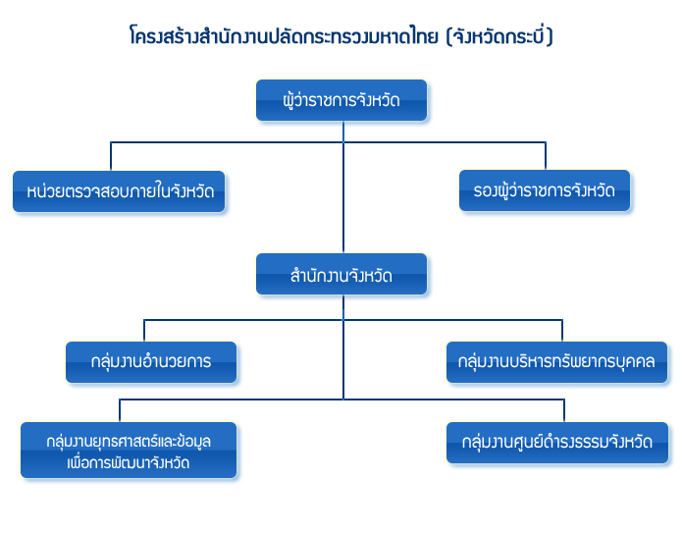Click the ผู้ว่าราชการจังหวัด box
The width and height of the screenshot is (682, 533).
(341, 101)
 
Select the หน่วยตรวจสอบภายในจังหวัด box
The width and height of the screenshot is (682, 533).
(121, 191)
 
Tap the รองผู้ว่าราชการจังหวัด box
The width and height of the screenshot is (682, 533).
(546, 191)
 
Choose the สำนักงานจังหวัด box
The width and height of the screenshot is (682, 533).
(341, 276)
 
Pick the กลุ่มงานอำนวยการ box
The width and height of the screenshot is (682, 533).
(151, 361)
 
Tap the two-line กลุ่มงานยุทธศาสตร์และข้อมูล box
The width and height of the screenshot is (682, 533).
(130, 451)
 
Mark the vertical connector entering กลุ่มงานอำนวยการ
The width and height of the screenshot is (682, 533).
(144, 330)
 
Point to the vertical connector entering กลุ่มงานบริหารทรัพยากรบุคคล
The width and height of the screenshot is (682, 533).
(562, 330)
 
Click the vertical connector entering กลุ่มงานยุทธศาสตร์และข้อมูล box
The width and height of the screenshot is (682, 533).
(121, 409)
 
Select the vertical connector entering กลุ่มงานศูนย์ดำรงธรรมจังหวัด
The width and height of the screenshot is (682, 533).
(564, 409)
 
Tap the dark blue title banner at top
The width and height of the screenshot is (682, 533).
(341, 34)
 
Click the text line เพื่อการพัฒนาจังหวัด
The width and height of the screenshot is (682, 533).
(130, 461)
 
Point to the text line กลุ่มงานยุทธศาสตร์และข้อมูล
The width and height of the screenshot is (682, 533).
(130, 441)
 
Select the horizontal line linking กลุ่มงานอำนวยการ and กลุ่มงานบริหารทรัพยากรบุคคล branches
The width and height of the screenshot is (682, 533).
(245, 320)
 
